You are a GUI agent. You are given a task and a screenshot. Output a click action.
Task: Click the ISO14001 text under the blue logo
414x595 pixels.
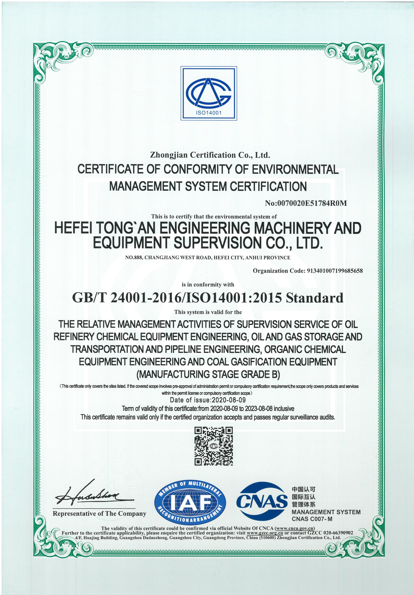[209, 113]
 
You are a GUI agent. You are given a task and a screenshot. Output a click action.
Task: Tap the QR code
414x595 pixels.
[213, 446]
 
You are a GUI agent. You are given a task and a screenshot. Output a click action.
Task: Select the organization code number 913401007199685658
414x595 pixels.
[335, 271]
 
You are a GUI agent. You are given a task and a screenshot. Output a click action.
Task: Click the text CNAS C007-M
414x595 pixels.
[312, 519]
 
